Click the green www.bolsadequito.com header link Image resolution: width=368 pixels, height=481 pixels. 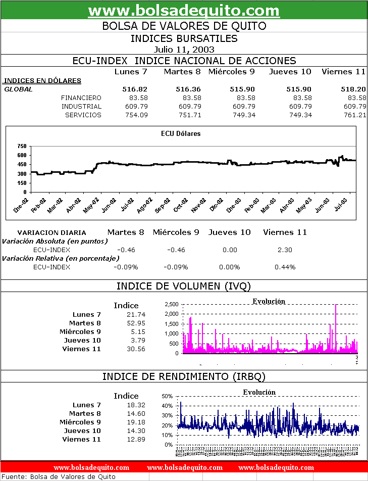tap(184, 11)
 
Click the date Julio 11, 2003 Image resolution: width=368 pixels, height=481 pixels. tap(184, 50)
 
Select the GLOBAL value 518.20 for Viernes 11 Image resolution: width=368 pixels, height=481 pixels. tap(353, 89)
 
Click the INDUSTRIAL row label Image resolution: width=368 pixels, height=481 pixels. tap(81, 106)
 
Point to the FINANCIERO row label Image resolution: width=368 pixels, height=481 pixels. tap(81, 98)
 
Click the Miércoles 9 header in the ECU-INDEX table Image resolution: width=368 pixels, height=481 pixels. tap(231, 72)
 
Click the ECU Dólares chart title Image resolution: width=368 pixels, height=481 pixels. tap(181, 134)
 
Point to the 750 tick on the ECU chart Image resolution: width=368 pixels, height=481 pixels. tap(22, 146)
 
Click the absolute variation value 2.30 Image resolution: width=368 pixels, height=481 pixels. tap(285, 250)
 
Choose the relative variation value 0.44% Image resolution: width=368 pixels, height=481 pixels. tap(285, 267)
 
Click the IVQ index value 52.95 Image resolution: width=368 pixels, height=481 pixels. tap(136, 323)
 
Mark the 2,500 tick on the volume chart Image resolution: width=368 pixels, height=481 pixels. tap(172, 304)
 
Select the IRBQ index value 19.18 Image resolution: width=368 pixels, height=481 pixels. tap(136, 422)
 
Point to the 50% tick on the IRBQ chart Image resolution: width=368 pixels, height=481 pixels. tap(167, 396)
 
